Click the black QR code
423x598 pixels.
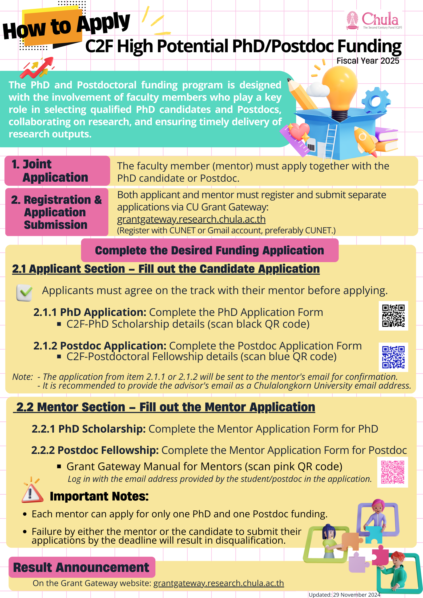393,316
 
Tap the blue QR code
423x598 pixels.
393,357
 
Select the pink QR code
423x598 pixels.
393,472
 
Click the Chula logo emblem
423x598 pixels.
352,20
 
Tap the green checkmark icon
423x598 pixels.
24,292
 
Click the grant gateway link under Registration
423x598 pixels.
191,219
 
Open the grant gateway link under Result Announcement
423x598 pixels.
219,583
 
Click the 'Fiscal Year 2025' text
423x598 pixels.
368,61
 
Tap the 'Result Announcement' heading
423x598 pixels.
81,567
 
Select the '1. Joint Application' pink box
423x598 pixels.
57,171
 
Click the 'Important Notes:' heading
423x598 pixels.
99,496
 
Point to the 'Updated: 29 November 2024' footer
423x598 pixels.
344,595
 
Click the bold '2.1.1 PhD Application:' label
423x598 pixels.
90,312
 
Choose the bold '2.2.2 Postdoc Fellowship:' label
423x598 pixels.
95,450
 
